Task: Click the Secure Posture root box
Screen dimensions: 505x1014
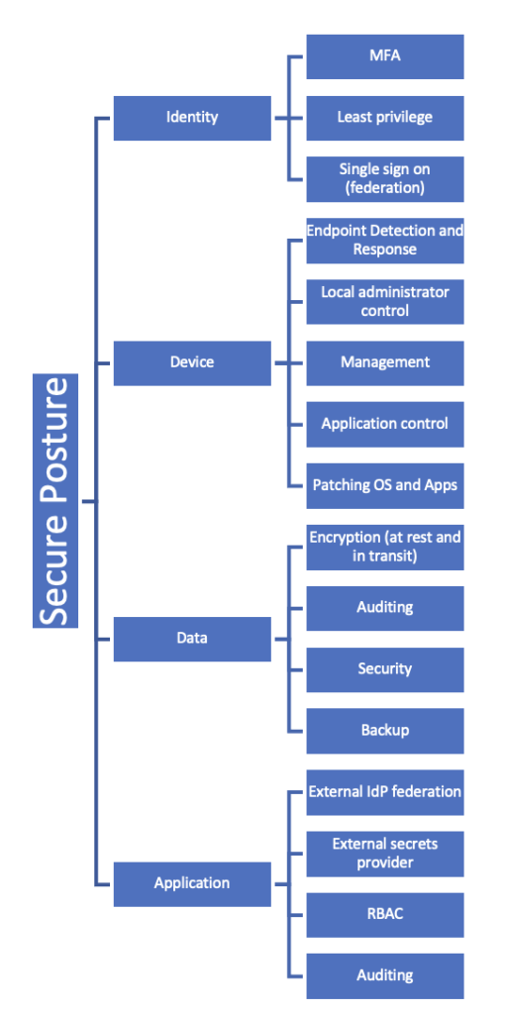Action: coord(55,500)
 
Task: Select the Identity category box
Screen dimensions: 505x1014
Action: coord(192,118)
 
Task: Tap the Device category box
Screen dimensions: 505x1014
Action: coord(192,362)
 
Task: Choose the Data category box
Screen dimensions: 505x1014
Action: coord(192,639)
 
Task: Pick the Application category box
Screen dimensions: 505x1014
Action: coord(192,884)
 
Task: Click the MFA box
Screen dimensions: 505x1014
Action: coord(385,56)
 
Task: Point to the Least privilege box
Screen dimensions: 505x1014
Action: coord(385,118)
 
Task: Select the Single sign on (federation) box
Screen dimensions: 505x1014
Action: coord(385,179)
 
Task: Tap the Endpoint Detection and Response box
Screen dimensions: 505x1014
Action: coord(385,241)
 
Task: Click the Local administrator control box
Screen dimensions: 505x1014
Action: coord(385,301)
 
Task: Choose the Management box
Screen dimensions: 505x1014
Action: coord(385,362)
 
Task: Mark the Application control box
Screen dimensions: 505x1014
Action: coord(385,424)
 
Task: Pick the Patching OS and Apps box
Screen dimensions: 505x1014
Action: coord(385,485)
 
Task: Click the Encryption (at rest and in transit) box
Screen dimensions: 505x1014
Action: coord(385,547)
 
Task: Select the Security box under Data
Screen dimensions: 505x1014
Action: coord(385,670)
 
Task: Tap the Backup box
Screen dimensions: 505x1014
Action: coord(385,731)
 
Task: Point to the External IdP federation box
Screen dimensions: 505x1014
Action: coord(385,792)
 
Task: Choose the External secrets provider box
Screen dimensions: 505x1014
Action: coord(385,854)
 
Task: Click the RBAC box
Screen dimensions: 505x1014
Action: coord(385,915)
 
